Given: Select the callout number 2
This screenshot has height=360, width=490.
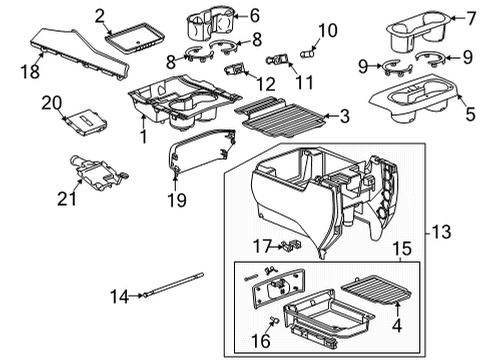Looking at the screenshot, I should [99, 14].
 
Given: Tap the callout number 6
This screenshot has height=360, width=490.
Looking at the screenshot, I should [253, 16].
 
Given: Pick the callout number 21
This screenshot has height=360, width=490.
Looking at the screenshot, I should [68, 199].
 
